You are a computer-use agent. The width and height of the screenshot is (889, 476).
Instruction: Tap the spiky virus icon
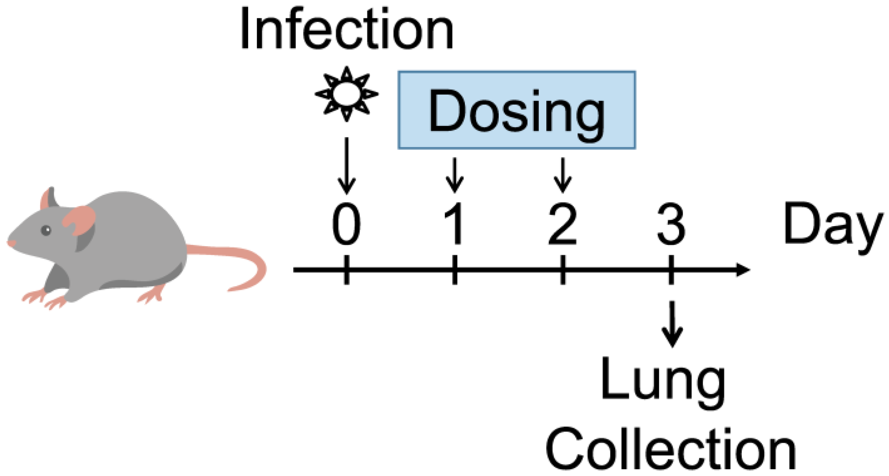[346, 94]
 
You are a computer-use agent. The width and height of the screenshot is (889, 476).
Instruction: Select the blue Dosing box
[517, 110]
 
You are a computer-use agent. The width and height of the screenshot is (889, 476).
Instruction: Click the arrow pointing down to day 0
[347, 167]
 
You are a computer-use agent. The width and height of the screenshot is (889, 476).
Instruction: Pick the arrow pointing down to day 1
[455, 175]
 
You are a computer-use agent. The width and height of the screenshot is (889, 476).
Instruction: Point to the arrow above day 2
[563, 175]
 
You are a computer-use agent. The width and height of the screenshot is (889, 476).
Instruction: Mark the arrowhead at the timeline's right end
[743, 270]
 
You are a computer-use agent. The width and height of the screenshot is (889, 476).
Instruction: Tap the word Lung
[663, 382]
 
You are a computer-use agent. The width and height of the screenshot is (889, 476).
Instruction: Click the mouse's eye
[46, 230]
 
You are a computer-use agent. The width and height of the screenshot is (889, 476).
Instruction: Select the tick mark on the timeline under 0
[347, 270]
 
